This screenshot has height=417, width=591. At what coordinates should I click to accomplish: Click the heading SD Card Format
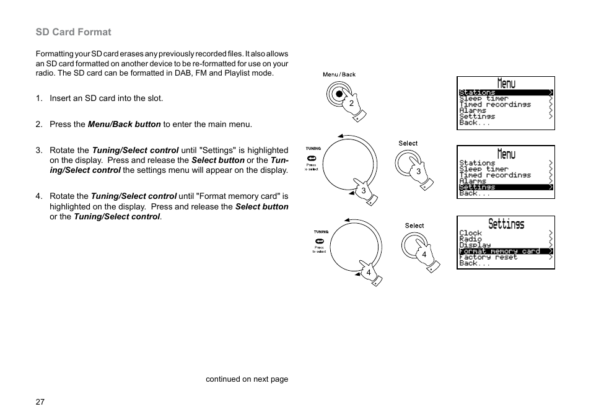[73, 32]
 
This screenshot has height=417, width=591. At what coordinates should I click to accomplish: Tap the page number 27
[40, 402]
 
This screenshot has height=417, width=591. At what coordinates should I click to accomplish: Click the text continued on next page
[247, 379]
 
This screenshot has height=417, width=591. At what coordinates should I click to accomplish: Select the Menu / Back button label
[339, 74]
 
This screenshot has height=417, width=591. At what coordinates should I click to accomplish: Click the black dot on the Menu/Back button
[339, 94]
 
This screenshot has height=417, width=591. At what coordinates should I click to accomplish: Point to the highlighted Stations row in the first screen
[505, 92]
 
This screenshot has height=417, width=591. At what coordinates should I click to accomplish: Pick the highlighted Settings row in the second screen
[505, 187]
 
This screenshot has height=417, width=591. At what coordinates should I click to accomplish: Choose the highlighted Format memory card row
[505, 251]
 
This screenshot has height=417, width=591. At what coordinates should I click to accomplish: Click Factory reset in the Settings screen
[488, 257]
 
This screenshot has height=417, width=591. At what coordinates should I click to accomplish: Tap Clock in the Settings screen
[470, 233]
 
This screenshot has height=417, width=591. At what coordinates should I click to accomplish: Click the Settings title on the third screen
[506, 224]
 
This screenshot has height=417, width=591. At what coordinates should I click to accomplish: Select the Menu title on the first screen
[506, 83]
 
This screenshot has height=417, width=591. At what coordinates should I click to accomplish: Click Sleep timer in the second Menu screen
[483, 169]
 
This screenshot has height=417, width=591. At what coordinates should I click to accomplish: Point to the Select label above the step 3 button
[408, 143]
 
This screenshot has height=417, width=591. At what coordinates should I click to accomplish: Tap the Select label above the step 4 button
[414, 226]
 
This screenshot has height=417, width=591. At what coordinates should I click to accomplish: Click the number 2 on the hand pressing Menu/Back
[351, 103]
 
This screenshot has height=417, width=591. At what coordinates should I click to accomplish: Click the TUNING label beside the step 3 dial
[312, 149]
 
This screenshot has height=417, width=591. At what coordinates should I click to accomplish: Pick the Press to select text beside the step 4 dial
[319, 249]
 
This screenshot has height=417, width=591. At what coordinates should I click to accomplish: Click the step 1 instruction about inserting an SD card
[106, 98]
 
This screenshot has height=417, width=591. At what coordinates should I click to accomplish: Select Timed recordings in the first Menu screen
[494, 105]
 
